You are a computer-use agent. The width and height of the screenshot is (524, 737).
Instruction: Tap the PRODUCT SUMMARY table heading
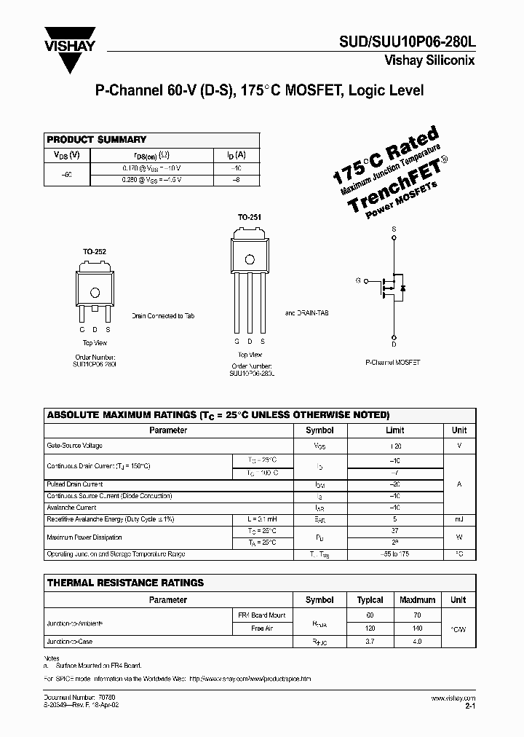(x=96, y=139)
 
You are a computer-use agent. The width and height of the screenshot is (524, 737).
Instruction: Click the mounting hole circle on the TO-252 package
(x=95, y=292)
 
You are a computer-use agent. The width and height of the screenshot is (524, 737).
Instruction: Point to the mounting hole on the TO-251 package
(x=250, y=259)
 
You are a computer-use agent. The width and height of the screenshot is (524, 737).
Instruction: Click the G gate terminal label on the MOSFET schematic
(x=357, y=280)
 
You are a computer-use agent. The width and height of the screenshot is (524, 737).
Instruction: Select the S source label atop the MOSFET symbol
(x=394, y=229)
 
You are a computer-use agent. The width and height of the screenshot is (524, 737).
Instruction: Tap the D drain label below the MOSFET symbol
(x=394, y=337)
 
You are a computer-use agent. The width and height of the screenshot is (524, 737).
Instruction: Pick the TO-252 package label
(x=95, y=251)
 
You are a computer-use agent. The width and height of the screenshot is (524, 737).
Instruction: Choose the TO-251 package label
(x=249, y=217)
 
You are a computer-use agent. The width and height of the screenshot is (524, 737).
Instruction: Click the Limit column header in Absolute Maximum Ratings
(x=395, y=430)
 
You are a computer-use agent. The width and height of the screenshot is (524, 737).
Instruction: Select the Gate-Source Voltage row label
(x=75, y=446)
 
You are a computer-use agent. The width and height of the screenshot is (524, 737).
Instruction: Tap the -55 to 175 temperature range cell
(x=395, y=554)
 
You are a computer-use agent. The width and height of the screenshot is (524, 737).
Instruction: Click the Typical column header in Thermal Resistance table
(x=370, y=600)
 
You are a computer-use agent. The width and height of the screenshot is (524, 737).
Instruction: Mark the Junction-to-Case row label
(x=70, y=642)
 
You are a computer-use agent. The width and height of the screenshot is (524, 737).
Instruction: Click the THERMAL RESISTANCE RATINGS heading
(x=125, y=583)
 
